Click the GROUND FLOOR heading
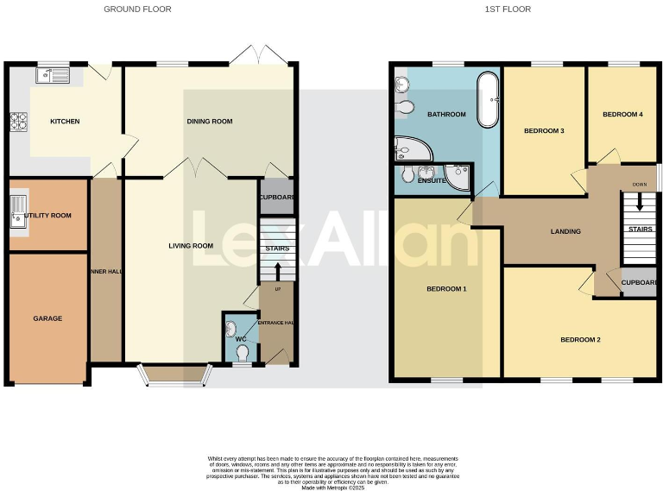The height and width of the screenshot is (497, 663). tap(137, 9)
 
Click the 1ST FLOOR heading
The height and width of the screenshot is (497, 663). tap(514, 9)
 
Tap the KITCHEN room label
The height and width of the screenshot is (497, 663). tap(65, 122)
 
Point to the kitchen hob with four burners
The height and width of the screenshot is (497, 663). tap(18, 122)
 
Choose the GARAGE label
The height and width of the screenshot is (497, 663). tap(47, 318)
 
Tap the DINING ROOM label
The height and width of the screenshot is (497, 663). tap(210, 122)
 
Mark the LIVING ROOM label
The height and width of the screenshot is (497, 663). tap(191, 246)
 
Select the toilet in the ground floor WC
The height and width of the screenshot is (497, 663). tap(243, 353)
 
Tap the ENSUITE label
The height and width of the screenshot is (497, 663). tap(431, 181)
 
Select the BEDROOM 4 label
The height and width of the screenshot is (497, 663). tap(622, 115)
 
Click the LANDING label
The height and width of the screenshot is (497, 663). tap(565, 231)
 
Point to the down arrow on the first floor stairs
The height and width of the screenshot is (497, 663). tap(640, 203)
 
